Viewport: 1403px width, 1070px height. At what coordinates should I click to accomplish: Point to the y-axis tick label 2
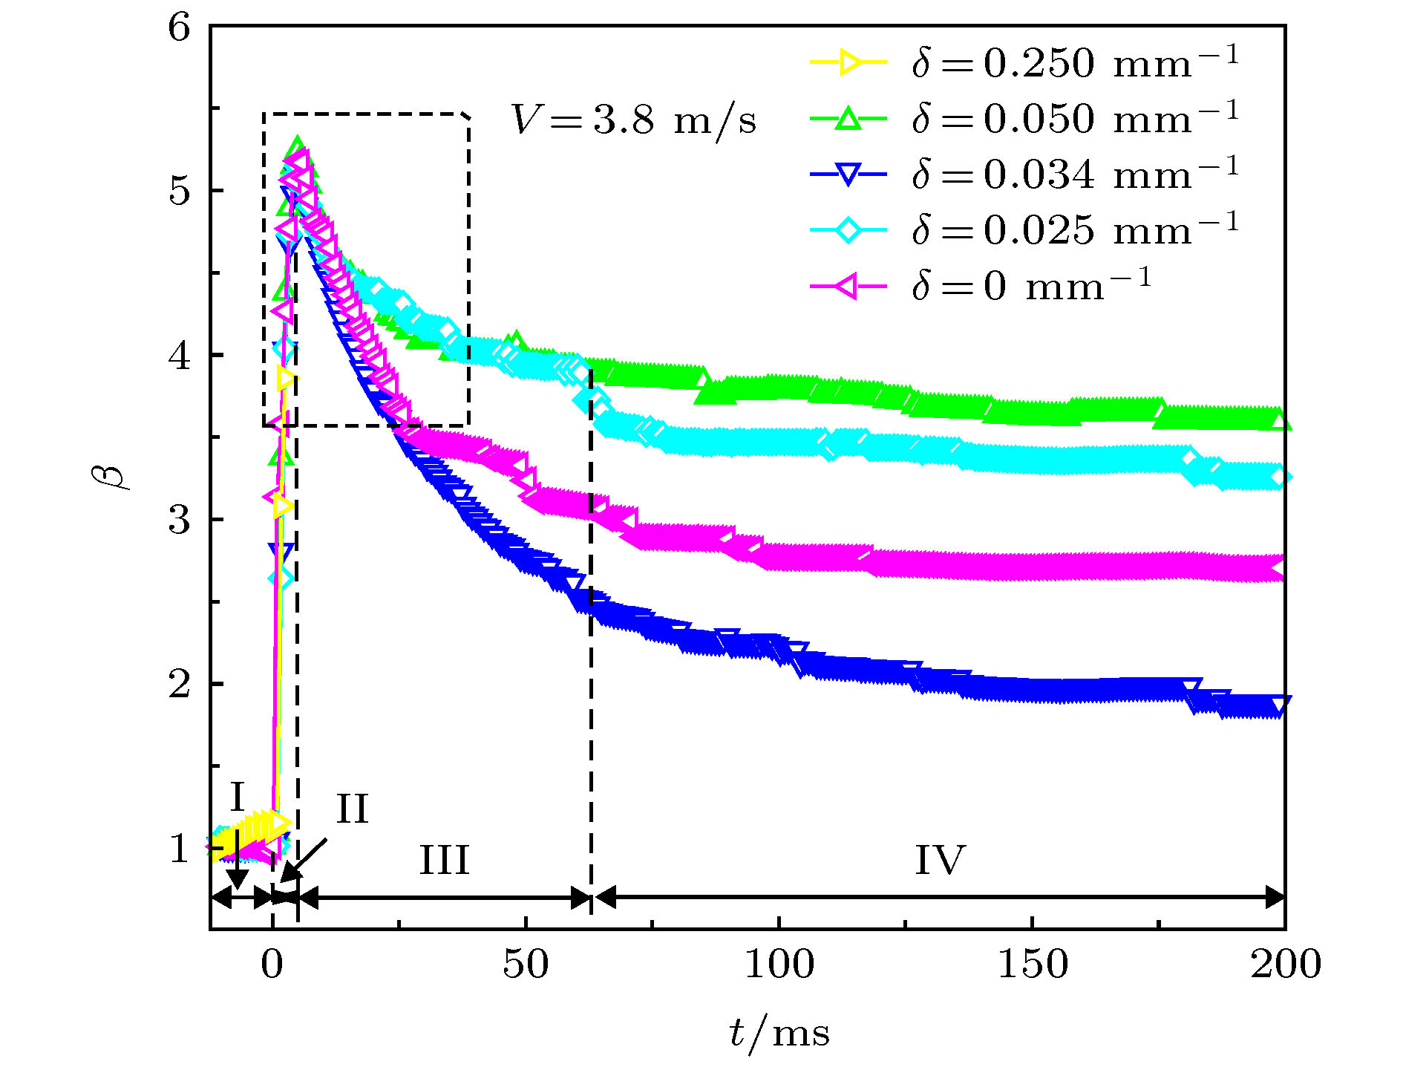pyautogui.click(x=180, y=684)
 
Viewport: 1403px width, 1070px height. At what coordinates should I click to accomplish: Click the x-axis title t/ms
pyautogui.click(x=779, y=1033)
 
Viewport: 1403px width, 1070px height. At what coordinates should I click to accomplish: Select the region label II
pyautogui.click(x=353, y=809)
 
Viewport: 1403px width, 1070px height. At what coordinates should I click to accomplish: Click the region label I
pyautogui.click(x=238, y=797)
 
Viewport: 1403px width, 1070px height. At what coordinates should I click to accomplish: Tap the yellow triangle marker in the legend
pyautogui.click(x=848, y=63)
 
